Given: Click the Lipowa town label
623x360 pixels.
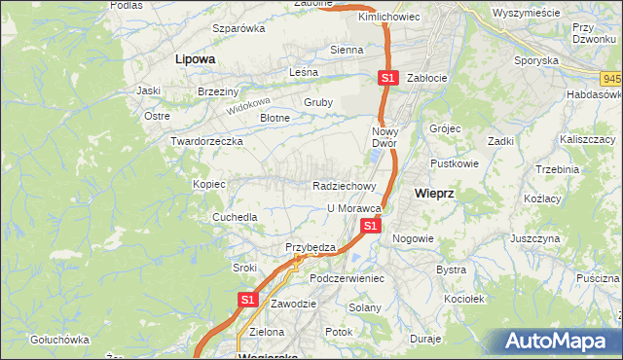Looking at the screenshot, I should pos(195,58).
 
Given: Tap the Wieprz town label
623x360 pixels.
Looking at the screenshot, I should pos(434,193).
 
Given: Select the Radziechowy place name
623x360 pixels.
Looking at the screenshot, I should pos(344,185).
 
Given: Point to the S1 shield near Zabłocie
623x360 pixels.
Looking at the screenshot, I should pos(388,78).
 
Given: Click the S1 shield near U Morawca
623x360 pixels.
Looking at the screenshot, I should pos(370,226).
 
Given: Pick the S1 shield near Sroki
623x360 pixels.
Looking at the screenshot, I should pos(247,301).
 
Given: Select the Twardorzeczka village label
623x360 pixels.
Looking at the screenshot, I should pos(206,141).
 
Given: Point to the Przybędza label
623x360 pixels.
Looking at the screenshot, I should pos(310,247).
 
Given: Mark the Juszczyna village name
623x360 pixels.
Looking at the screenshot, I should pos(534,237).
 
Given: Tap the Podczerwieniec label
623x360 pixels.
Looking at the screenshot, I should pos(348,278).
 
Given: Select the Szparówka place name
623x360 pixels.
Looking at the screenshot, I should pos(238,28).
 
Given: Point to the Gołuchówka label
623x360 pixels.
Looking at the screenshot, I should pos(59,340).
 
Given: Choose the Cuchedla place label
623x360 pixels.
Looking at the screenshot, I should pos(235,217).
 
